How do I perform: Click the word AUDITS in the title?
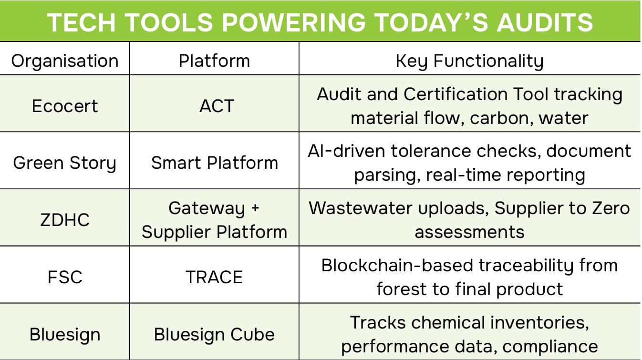pos(545,22)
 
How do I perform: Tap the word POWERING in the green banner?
pos(294,22)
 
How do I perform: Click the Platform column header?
pos(214,61)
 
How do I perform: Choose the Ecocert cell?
pos(65,106)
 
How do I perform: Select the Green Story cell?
pos(65,163)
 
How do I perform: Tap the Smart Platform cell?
pos(214,163)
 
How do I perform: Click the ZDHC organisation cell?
pos(65,220)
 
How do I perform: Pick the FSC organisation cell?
pos(65,277)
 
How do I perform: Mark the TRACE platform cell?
pos(214,277)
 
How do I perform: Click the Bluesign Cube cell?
pos(214,334)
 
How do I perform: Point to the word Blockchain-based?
pos(397,266)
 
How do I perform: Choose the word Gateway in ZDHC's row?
pos(207,209)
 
